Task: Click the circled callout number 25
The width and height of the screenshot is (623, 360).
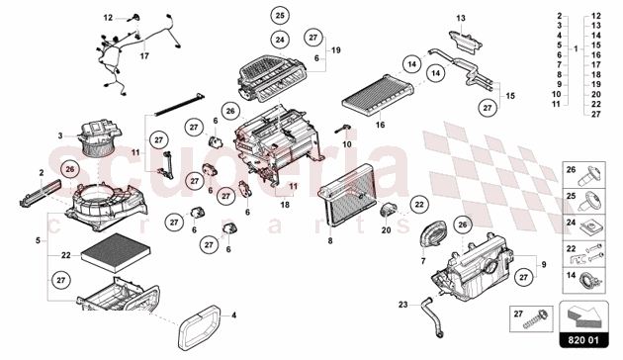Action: pos(280,17)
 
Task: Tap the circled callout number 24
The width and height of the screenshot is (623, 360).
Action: pos(280,39)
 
